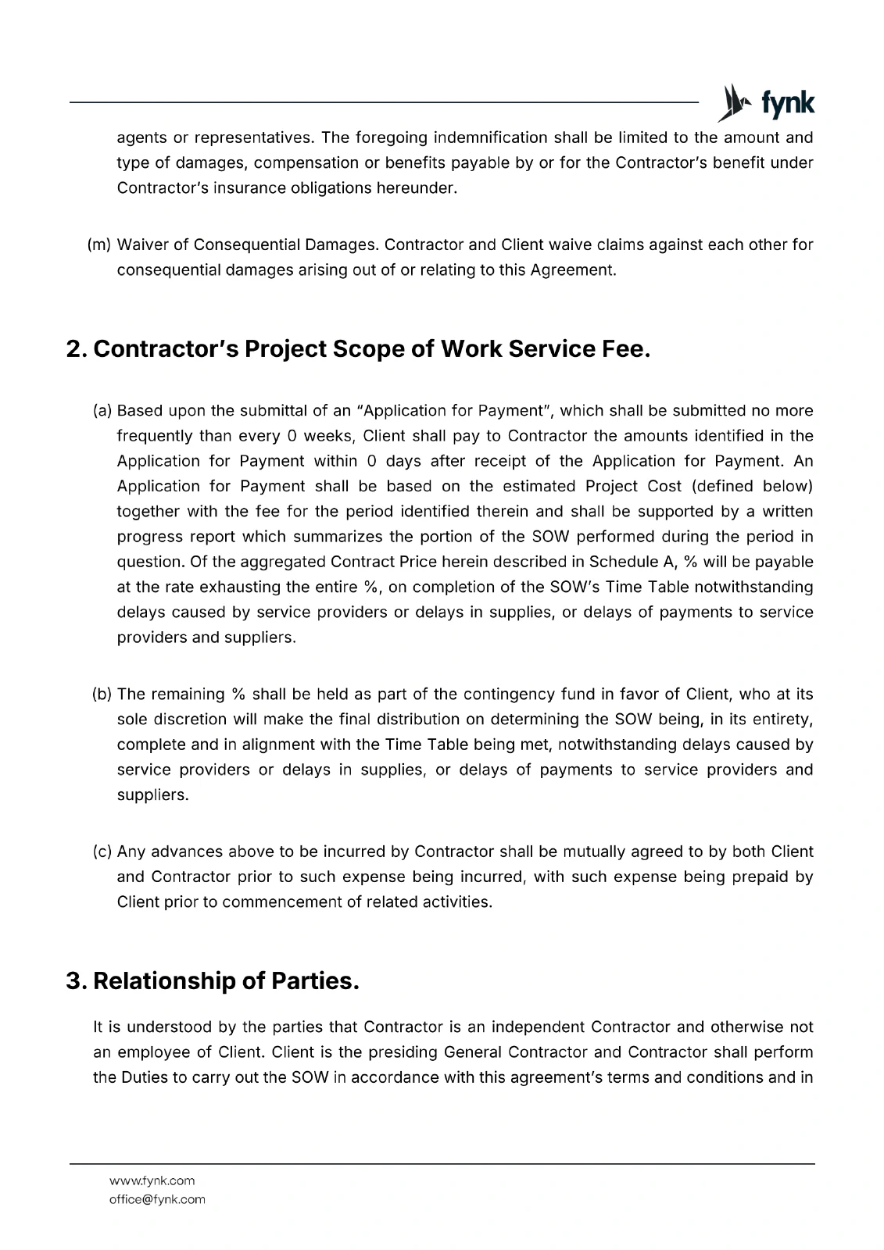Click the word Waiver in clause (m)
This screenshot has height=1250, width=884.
[141, 245]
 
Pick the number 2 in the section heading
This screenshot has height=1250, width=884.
[75, 349]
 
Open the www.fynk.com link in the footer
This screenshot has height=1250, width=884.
[152, 1180]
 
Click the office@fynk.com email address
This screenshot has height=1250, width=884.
[157, 1199]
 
